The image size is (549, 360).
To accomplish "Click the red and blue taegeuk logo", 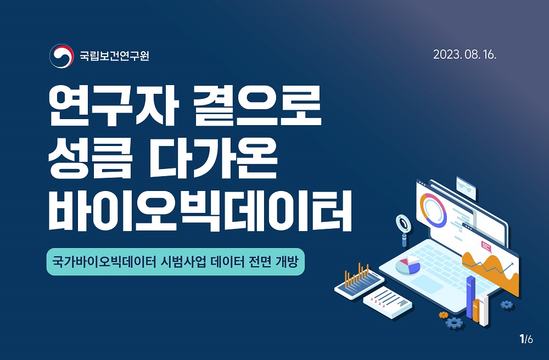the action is [61, 55].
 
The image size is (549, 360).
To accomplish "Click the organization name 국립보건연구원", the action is [115, 55].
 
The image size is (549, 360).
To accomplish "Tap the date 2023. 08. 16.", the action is [464, 54].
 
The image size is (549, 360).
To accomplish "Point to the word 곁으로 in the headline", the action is [257, 106].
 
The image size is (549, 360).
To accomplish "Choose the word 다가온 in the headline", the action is [213, 159].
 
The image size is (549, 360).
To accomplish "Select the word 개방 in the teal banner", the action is [287, 262].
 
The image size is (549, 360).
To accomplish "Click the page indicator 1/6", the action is [526, 339].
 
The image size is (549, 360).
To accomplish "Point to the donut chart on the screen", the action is [433, 210].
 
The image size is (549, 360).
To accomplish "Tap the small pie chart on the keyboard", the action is [408, 265].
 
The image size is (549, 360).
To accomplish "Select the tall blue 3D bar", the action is [471, 297].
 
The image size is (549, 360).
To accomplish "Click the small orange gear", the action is [444, 315].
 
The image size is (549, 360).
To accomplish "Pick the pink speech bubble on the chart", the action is [486, 246].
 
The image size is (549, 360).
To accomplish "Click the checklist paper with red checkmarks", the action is [388, 302].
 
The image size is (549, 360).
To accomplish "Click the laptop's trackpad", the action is [427, 284].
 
